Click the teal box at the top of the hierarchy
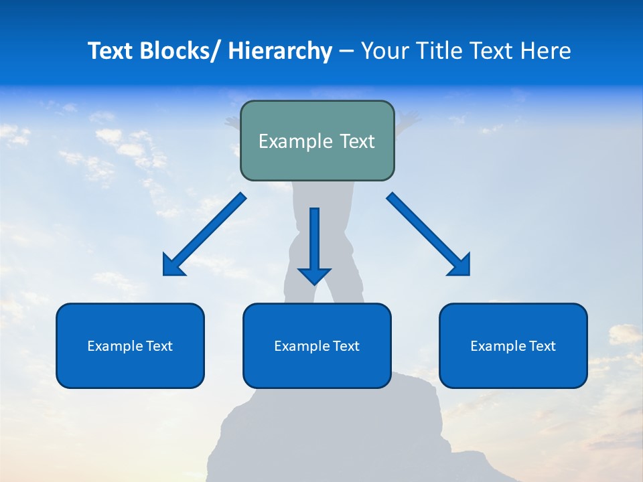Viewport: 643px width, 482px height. click(x=317, y=141)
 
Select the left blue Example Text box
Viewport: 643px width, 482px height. click(x=130, y=345)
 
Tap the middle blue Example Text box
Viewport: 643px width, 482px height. click(x=317, y=345)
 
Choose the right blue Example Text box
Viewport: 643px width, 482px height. click(x=513, y=345)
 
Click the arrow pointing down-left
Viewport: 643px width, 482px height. click(x=204, y=234)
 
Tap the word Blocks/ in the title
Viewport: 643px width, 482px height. click(x=180, y=52)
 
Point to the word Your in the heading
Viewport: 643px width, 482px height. click(x=383, y=52)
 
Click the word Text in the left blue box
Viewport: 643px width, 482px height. click(x=159, y=345)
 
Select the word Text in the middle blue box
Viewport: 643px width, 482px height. click(x=346, y=345)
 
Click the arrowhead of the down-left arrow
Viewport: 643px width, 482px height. click(x=171, y=266)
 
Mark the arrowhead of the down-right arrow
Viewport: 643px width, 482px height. click(x=461, y=266)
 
